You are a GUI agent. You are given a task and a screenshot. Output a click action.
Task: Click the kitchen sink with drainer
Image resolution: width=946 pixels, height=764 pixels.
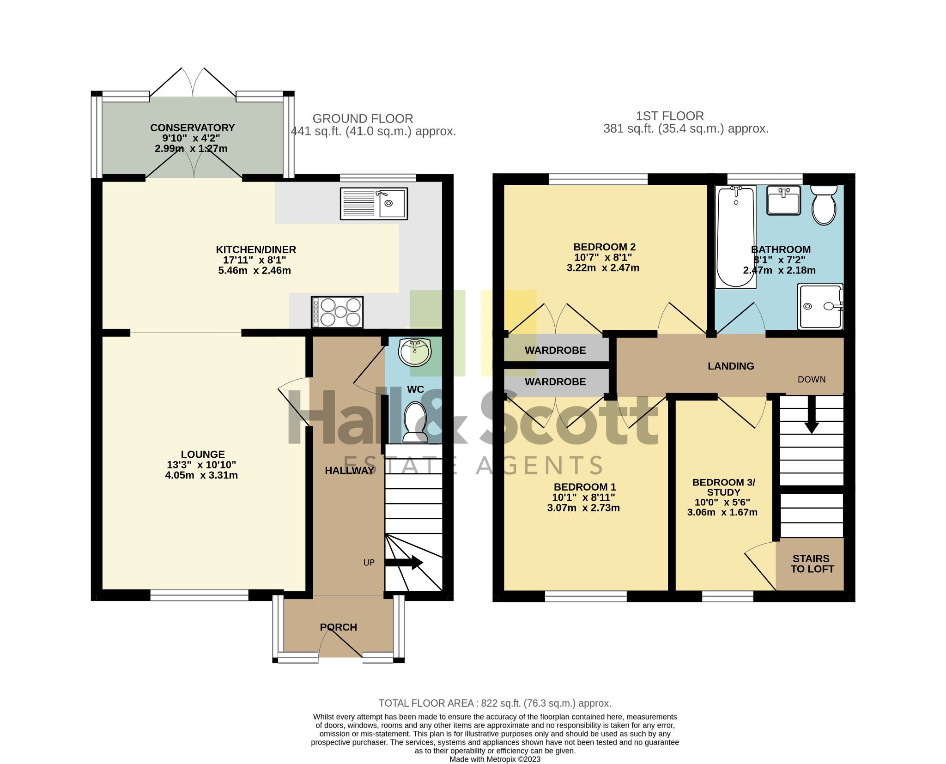coord(374,203)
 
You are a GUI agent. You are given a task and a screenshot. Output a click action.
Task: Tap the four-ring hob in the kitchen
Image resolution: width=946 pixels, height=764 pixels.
coord(337,312)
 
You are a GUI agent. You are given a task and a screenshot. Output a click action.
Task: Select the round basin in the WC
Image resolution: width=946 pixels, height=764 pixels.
coord(415,352)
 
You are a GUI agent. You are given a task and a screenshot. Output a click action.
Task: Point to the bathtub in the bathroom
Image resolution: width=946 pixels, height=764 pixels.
coord(736,236)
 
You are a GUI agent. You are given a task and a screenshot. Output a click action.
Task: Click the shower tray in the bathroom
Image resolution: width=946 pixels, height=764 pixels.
coord(820,306)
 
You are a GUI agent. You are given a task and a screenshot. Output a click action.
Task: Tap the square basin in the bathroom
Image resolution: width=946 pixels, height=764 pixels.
coord(783,200)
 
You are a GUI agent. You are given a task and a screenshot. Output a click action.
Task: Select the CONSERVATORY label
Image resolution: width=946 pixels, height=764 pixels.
coord(193,128)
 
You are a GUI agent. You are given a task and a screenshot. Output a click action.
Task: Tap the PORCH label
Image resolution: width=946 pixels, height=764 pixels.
coord(339,627)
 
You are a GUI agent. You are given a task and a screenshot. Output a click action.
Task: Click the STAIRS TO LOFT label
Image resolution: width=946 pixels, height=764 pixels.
coord(812,564)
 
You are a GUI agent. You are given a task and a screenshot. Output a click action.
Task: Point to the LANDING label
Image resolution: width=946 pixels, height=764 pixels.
coord(731,366)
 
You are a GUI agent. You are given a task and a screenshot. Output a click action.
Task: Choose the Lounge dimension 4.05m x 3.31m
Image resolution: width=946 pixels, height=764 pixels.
coord(201,475)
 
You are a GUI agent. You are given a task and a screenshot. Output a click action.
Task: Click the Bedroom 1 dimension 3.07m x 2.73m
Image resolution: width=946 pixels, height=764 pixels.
coord(583,508)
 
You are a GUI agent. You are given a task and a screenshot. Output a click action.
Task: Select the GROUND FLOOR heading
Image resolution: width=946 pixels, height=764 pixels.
coord(363,119)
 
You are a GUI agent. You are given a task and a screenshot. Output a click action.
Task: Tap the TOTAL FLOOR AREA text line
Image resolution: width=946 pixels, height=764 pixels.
coord(495,703)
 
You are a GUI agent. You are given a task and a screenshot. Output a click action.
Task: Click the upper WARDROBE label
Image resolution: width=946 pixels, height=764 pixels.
coord(555,351)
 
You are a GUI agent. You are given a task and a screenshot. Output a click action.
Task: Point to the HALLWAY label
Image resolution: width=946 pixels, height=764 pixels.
coord(349,471)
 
